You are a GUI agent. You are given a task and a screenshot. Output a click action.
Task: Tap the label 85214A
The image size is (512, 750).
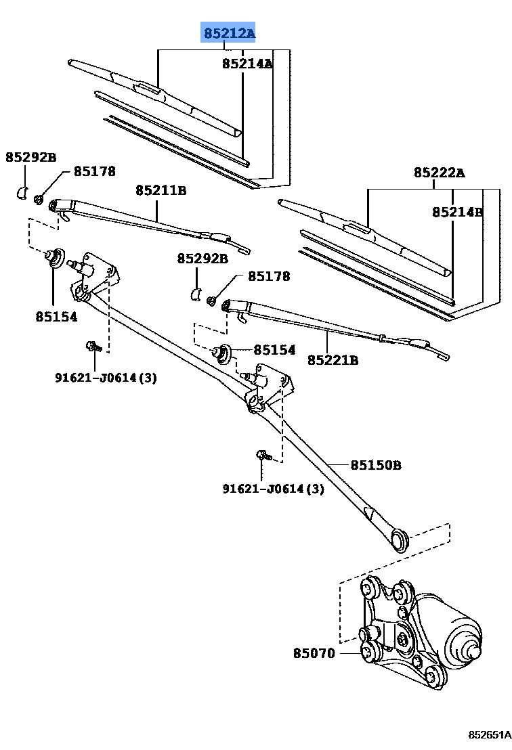(x=247, y=63)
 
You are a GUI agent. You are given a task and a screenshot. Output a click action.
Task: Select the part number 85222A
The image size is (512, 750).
(x=440, y=172)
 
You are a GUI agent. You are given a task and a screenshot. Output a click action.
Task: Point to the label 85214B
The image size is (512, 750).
(x=457, y=212)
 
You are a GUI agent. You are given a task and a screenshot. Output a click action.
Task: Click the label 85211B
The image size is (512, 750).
(x=161, y=190)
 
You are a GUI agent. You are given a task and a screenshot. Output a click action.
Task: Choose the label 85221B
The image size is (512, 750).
(x=333, y=359)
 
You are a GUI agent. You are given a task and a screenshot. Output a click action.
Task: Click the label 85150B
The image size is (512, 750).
(x=376, y=464)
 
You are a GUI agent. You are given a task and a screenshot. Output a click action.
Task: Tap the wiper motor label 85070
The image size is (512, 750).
(x=314, y=653)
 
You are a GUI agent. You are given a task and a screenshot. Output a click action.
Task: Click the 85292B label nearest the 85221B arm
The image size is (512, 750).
(x=202, y=259)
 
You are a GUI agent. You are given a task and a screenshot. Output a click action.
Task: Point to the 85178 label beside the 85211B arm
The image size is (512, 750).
(x=94, y=171)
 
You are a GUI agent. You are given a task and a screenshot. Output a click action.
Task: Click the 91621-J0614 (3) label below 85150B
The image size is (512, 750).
(x=273, y=488)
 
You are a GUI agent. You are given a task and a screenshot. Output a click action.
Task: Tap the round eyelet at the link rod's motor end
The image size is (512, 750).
(x=400, y=540)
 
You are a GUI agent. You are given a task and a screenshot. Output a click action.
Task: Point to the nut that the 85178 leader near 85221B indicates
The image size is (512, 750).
(x=211, y=301)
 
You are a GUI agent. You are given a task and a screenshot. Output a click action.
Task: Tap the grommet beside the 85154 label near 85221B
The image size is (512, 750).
(x=223, y=353)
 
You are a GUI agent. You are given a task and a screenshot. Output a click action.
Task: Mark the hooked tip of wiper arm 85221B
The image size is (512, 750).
(x=445, y=357)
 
